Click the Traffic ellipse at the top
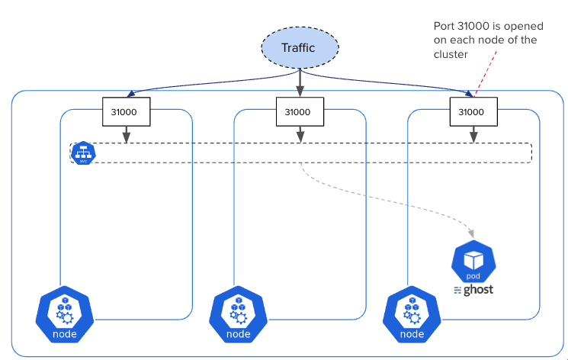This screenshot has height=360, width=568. [298, 48]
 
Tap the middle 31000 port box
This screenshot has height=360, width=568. [298, 111]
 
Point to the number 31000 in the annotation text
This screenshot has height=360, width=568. [468, 27]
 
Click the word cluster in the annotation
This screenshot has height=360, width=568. [450, 56]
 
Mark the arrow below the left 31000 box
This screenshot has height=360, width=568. [126, 134]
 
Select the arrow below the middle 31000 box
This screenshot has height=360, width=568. [299, 134]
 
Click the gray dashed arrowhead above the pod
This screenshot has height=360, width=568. [472, 232]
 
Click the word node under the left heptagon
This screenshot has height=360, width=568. [64, 334]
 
